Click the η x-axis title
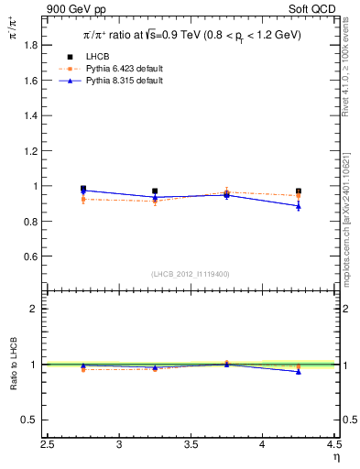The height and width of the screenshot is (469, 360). pos(336,457)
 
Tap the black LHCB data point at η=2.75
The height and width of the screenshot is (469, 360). pos(83,189)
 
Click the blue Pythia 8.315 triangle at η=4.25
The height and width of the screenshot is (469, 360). pos(299,206)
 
